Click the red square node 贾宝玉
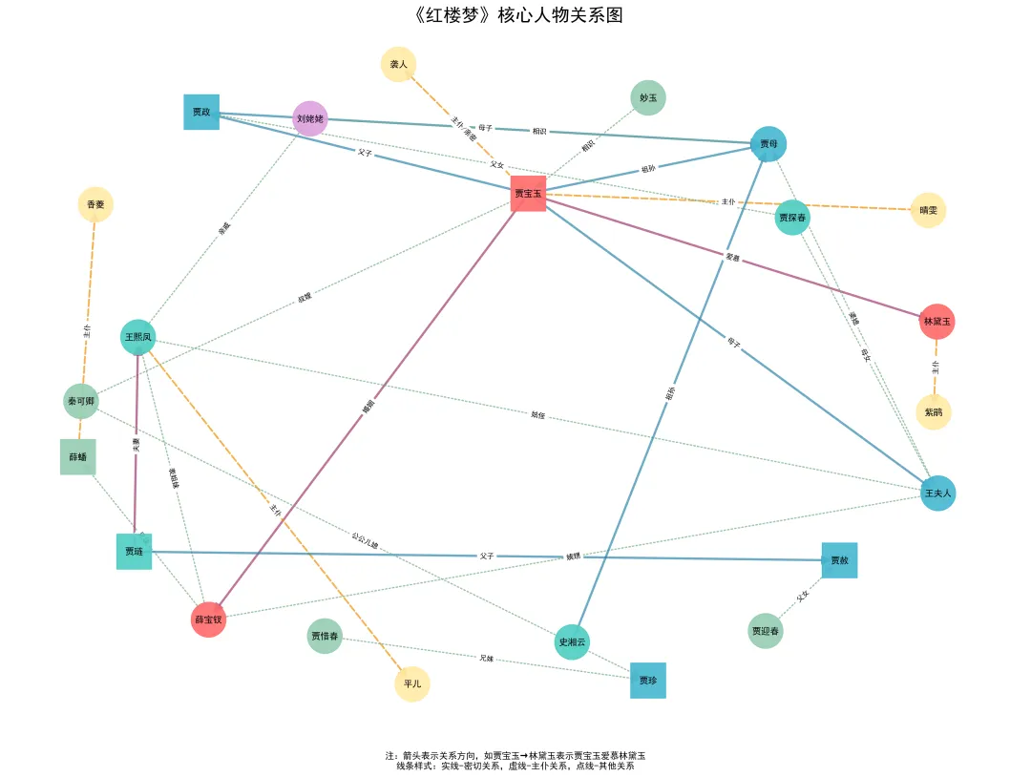click(528, 194)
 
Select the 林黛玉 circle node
click(936, 322)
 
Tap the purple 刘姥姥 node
click(310, 119)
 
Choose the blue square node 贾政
click(201, 113)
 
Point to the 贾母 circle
click(768, 144)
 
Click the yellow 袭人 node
click(399, 65)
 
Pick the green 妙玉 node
click(648, 98)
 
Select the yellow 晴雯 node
click(928, 210)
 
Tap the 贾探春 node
click(792, 218)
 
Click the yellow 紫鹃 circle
click(934, 412)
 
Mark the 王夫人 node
click(937, 493)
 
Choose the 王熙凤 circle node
click(138, 337)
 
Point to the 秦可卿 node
click(81, 402)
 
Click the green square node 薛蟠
click(78, 457)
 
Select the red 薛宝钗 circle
click(208, 619)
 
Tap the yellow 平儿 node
click(412, 684)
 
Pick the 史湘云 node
click(573, 641)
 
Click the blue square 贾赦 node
click(839, 560)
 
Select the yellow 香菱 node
click(95, 204)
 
